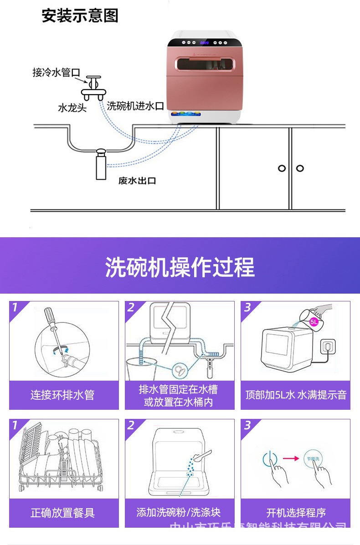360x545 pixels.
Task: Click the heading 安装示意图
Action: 80,15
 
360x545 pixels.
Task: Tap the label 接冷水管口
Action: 56,73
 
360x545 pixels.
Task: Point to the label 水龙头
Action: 72,108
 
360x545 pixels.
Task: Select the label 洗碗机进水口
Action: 135,107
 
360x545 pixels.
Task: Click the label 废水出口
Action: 137,181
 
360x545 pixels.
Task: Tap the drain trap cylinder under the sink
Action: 100,166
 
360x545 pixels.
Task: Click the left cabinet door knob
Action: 282,168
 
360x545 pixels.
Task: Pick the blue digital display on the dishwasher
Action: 205,43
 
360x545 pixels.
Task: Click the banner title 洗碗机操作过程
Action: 180,267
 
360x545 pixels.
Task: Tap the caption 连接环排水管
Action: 62,395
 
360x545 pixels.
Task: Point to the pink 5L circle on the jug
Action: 314,321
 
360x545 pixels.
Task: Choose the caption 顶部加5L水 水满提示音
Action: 296,395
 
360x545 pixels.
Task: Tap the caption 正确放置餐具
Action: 62,513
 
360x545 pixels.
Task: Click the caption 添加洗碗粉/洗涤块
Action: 179,512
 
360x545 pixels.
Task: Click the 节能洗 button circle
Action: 310,458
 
